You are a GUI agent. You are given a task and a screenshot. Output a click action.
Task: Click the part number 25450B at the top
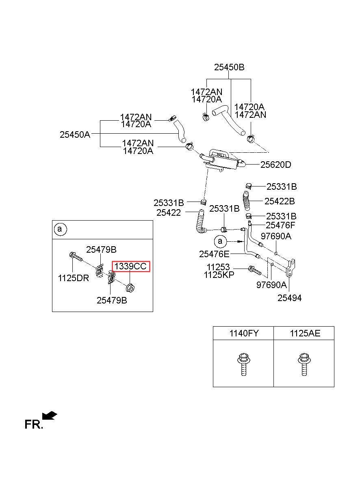tap(229, 67)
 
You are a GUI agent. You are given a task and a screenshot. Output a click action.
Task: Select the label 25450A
tap(75, 134)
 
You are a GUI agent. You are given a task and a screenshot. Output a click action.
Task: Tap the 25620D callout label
tap(275, 165)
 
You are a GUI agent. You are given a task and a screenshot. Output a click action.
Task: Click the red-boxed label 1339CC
tap(131, 267)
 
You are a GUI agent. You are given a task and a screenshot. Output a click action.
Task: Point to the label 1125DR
tap(74, 278)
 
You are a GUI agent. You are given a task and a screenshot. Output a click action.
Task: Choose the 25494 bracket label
tap(289, 298)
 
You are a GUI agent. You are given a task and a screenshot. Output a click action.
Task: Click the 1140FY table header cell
tap(244, 333)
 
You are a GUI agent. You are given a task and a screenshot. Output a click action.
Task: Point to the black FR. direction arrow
tap(49, 415)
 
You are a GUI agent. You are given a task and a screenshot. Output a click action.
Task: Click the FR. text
tap(34, 425)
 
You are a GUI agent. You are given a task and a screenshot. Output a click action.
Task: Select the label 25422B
tap(280, 201)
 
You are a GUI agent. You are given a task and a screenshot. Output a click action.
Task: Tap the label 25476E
tap(214, 254)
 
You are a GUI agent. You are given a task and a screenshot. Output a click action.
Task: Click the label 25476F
tap(280, 225)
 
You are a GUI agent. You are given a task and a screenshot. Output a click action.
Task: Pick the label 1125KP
tap(219, 275)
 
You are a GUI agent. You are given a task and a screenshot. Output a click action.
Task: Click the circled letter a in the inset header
tap(59, 229)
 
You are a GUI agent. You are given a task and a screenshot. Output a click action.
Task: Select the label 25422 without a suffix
tap(169, 212)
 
